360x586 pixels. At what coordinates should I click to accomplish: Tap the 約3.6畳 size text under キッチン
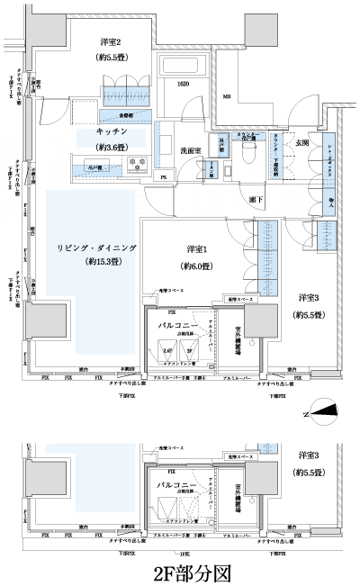point(112,149)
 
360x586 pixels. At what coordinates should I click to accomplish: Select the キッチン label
point(112,131)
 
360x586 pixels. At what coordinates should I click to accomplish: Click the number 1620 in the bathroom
point(184,84)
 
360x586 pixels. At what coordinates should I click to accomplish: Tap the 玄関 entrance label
point(301,143)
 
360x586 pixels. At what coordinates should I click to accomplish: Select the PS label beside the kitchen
point(163,176)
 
